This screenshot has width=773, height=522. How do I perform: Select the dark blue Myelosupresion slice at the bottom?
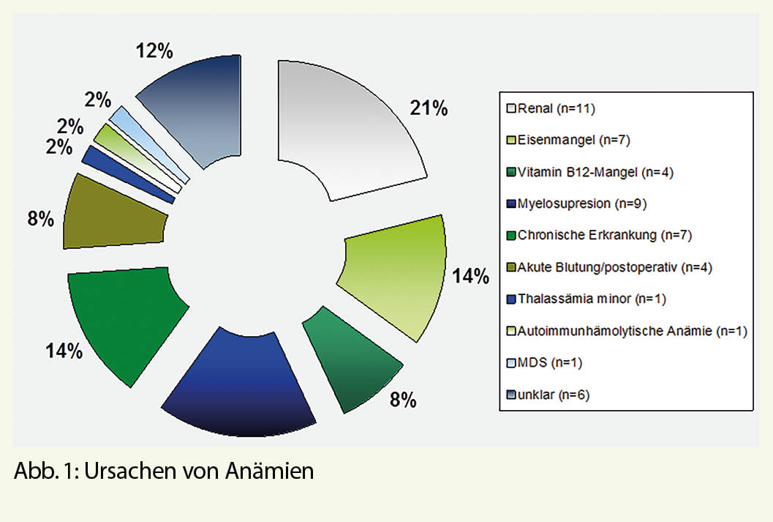tap(238, 388)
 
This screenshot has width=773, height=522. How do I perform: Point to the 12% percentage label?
tap(154, 52)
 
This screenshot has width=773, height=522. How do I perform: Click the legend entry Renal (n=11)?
tap(548, 110)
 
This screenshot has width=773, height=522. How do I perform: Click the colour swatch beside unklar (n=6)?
tap(511, 395)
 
